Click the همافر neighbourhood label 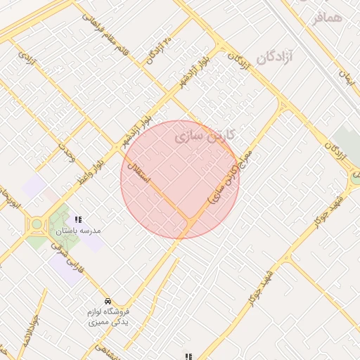pyautogui.click(x=327, y=17)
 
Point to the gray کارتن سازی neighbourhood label pyautogui.click(x=205, y=134)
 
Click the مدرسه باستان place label pyautogui.click(x=77, y=231)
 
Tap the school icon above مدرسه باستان pyautogui.click(x=78, y=219)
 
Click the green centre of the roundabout pyautogui.click(x=36, y=225)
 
